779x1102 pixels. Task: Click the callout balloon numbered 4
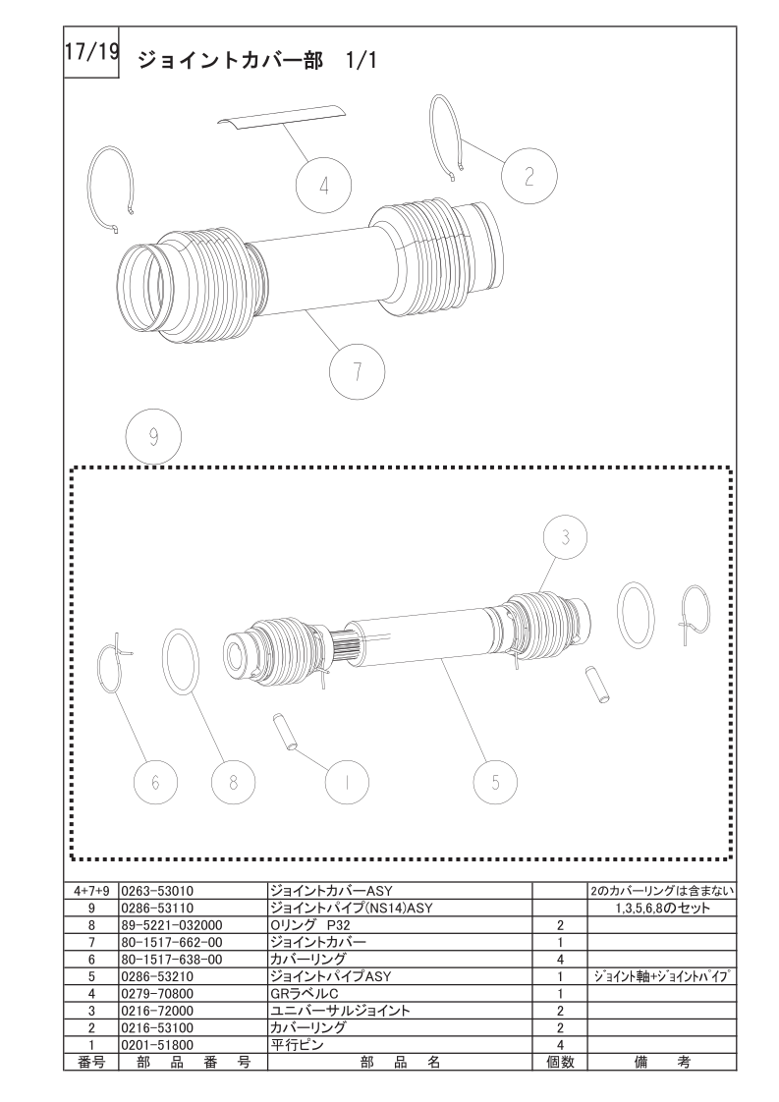(323, 187)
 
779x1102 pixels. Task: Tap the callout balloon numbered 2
(529, 177)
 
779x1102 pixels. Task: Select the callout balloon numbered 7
(358, 371)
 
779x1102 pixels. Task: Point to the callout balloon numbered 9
(153, 437)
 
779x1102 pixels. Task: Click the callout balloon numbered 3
(565, 537)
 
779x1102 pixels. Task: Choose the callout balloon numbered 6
(155, 782)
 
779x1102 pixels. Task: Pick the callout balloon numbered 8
(234, 782)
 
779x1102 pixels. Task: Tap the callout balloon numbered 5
(495, 782)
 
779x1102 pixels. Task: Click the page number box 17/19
(91, 52)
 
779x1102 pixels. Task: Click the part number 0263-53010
(157, 891)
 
